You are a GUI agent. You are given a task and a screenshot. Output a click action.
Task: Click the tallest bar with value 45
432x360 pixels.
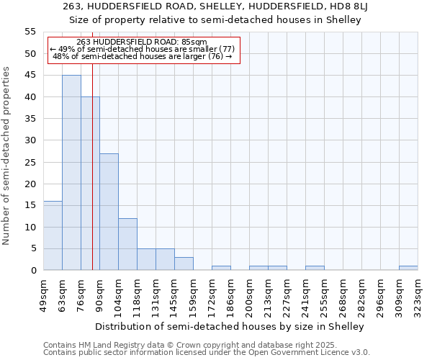71,173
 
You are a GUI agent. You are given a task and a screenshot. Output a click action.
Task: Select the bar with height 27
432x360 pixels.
109,212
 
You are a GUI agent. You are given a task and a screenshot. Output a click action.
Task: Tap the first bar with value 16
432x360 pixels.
53,235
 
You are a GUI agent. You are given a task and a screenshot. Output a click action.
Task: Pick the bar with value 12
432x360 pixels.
127,244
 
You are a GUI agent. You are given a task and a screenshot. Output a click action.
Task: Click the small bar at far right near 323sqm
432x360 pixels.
408,268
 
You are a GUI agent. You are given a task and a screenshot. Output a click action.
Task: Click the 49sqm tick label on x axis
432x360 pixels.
44,293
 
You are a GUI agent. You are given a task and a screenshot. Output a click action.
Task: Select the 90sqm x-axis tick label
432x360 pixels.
100,293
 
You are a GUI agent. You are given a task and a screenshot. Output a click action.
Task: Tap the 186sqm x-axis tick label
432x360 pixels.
231,293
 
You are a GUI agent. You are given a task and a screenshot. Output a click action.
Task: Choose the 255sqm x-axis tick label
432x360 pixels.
325,293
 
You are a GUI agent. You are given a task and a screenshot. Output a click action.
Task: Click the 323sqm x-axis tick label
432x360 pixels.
418,293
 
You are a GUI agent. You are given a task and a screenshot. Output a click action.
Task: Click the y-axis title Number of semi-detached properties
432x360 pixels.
6,156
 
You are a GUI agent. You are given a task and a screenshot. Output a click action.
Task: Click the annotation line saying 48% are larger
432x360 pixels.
143,56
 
